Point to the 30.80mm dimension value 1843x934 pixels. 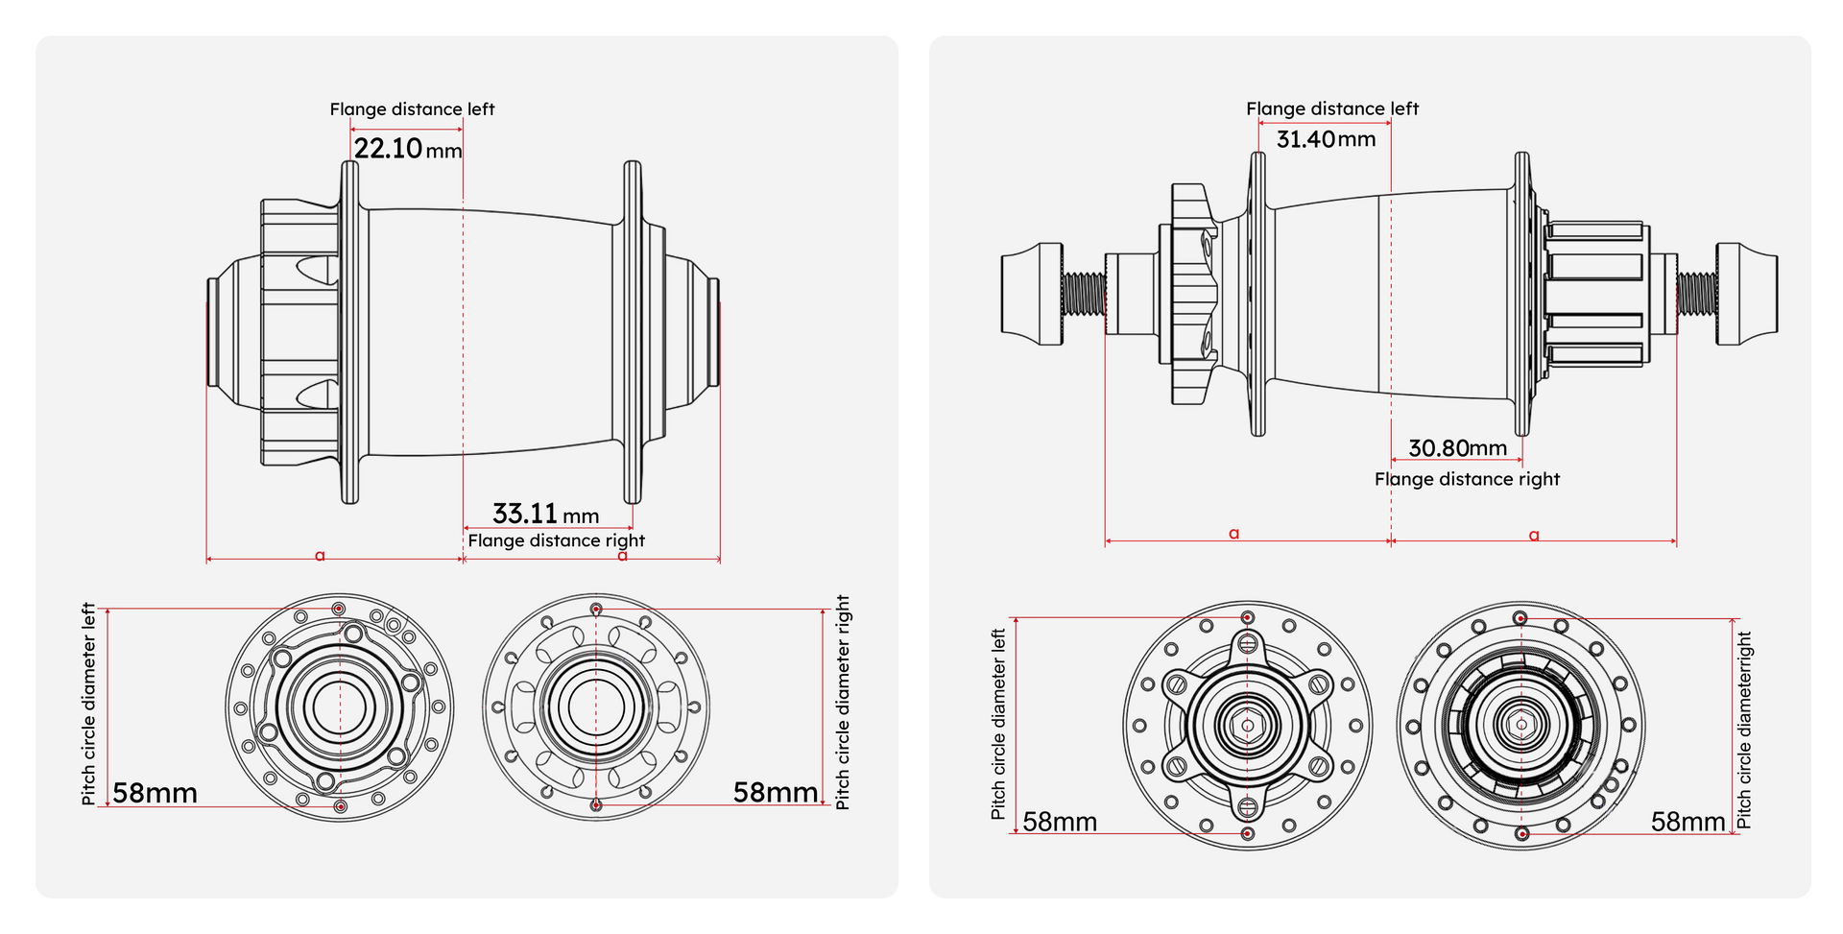pos(1457,448)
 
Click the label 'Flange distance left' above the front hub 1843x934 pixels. pos(412,109)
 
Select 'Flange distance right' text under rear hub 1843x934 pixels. pos(1467,479)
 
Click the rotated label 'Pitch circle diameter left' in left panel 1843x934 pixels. pos(88,704)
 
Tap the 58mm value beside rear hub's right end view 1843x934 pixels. pos(1687,822)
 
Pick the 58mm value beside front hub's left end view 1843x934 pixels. pos(155,793)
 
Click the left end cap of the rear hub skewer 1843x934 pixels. pos(1031,294)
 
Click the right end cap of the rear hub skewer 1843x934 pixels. pos(1747,294)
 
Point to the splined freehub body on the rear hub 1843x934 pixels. pos(1595,294)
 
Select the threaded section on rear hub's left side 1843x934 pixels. pos(1084,294)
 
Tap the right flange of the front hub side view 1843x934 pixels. pos(632,331)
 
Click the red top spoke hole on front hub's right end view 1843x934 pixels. pos(596,610)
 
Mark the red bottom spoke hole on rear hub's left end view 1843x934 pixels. pos(1247,833)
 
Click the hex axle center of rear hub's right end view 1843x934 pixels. pos(1520,726)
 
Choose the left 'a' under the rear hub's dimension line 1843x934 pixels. pos(1234,534)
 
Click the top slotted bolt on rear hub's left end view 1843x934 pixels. pos(1247,643)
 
